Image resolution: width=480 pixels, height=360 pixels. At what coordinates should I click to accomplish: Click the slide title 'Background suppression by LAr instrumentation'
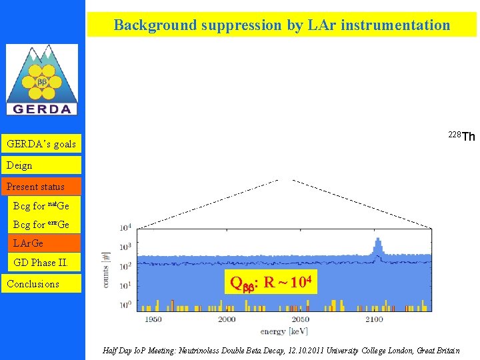[282, 25]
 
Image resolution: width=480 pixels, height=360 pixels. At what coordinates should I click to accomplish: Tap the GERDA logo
[42, 80]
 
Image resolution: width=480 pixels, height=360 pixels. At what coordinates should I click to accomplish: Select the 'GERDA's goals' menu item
[41, 144]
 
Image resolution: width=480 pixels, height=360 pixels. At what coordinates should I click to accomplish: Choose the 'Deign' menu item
[20, 165]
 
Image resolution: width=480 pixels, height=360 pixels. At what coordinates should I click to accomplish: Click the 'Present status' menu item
[35, 187]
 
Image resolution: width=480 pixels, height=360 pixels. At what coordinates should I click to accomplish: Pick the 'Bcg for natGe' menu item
[41, 206]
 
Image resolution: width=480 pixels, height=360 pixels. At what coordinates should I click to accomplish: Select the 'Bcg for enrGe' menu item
[41, 225]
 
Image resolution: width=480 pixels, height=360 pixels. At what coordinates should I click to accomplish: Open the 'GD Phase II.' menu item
[41, 263]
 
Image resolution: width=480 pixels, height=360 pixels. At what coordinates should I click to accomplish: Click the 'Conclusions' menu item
[33, 284]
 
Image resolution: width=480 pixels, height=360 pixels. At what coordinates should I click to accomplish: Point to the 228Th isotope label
[461, 137]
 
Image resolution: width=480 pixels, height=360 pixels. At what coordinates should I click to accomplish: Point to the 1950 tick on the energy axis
[153, 319]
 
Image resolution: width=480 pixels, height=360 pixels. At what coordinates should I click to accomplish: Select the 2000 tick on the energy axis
[227, 319]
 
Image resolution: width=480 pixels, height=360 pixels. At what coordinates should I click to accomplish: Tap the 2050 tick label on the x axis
[301, 319]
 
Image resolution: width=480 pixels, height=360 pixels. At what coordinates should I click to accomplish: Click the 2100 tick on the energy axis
[374, 319]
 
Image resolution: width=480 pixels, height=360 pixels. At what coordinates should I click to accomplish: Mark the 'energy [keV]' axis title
[284, 331]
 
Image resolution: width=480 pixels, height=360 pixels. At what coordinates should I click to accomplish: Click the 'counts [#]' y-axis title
[106, 269]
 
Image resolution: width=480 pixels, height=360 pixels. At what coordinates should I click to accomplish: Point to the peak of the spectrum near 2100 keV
[377, 242]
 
